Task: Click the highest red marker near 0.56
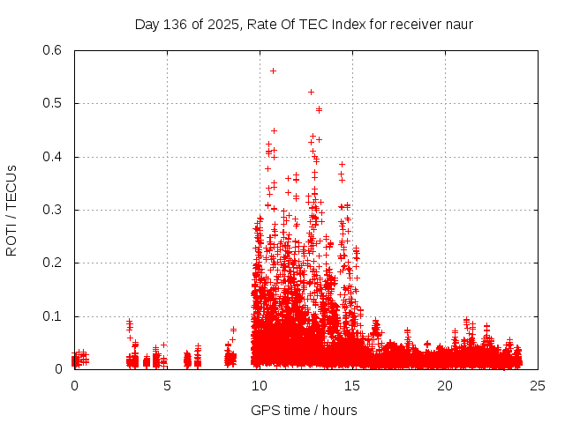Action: point(273,70)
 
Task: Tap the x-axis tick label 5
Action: point(167,385)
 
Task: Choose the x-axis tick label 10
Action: point(260,385)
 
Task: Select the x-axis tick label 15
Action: point(352,385)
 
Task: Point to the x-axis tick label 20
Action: point(445,385)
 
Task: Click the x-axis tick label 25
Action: point(538,385)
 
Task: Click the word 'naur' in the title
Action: point(458,24)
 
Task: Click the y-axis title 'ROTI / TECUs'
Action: point(11,210)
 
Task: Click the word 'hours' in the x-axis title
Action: point(339,410)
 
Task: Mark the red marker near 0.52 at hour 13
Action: point(311,92)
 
